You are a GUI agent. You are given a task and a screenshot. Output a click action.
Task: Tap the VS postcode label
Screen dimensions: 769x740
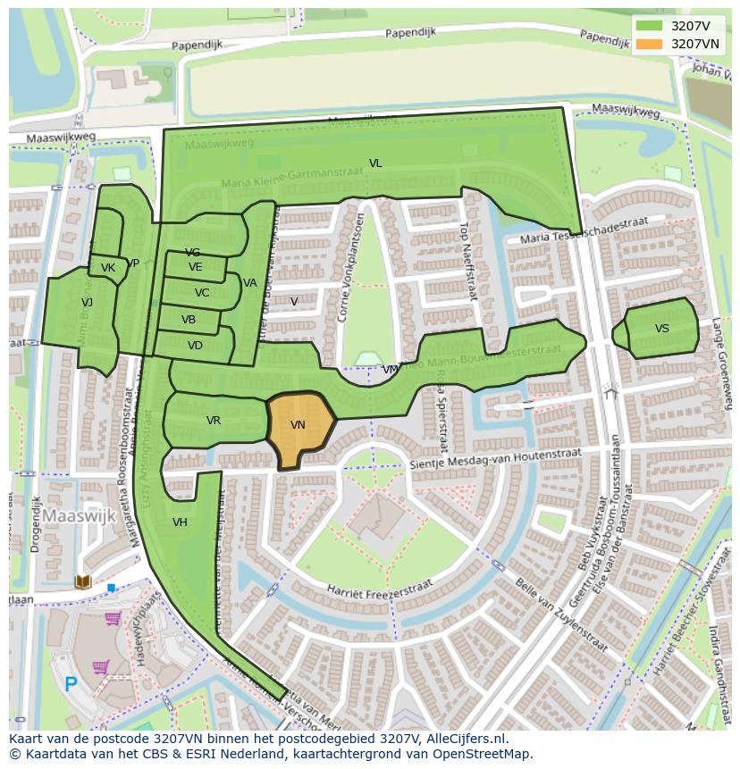coord(661,329)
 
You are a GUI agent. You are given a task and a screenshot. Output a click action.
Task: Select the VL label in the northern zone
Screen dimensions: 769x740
coord(375,163)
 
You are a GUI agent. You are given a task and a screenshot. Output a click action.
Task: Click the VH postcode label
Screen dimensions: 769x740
coord(180,522)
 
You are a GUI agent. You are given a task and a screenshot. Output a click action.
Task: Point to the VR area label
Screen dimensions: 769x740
coord(214,421)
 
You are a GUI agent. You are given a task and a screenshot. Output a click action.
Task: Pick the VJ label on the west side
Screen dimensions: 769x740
coord(87,303)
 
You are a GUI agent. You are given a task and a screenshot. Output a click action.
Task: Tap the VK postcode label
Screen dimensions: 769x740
coord(108,268)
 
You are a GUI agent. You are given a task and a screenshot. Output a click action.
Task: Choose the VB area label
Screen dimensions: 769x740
coord(189,320)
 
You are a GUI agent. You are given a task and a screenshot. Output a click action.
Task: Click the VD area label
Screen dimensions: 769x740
coord(195,346)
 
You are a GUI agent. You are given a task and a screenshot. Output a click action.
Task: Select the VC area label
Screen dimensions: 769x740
coord(202,293)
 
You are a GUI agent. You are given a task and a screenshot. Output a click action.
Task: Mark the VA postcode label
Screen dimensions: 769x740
coord(250,283)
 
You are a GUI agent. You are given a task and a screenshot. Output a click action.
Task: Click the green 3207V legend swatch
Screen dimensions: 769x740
coord(650,26)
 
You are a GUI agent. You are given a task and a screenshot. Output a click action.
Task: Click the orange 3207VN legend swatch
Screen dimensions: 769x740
coord(650,44)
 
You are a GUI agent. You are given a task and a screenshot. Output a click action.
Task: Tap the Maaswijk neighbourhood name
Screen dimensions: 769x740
coord(80,515)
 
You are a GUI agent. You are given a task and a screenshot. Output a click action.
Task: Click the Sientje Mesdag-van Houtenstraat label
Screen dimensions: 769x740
coord(495,459)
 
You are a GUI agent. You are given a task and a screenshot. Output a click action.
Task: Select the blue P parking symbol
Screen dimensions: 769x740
coord(71,685)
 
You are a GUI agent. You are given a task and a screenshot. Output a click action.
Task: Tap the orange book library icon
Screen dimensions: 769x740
coord(83,582)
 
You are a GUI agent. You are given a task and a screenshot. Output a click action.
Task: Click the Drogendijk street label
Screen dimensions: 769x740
coord(36,524)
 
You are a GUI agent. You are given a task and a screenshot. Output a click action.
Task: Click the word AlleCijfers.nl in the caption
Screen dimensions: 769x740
coord(466,739)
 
